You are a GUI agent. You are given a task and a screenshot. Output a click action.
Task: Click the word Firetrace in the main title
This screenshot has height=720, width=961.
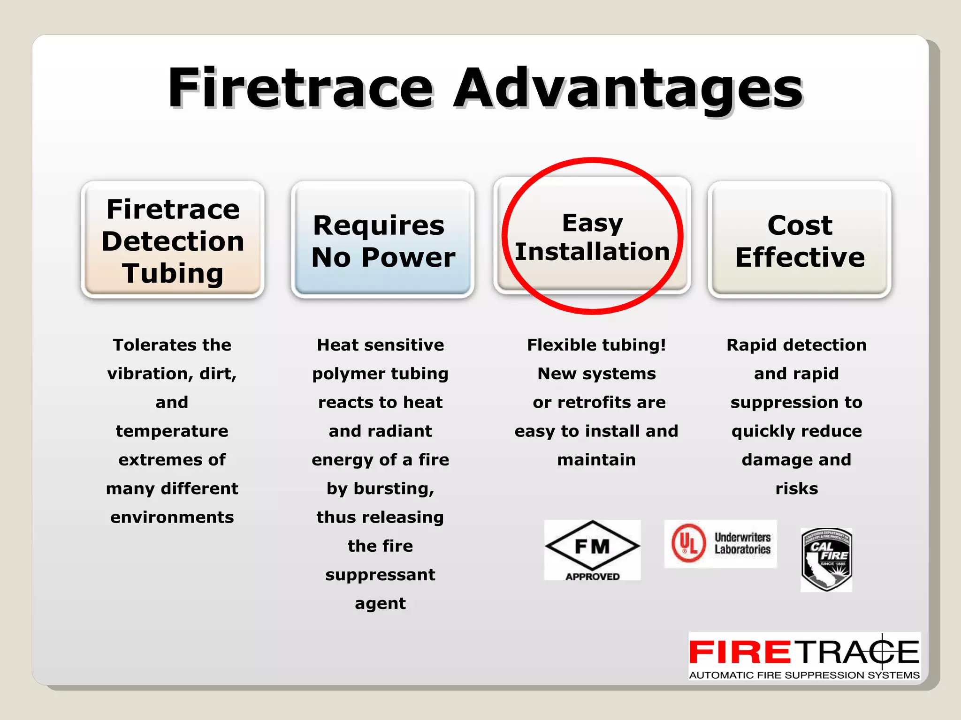300,88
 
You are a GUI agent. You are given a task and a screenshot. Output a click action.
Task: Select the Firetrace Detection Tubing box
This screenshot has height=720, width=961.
173,240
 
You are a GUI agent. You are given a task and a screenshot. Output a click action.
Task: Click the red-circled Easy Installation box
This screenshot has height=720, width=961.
592,237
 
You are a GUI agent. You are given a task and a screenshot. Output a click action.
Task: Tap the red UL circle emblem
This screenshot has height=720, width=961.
688,543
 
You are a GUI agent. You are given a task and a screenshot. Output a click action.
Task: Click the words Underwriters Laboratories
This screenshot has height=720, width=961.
742,543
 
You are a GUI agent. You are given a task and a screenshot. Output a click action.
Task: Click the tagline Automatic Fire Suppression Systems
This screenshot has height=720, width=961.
804,675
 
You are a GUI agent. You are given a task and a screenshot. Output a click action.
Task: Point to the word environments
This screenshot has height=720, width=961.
172,517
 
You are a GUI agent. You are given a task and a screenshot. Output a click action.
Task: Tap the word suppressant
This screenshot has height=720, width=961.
380,575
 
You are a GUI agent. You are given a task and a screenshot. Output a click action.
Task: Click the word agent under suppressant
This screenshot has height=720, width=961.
380,604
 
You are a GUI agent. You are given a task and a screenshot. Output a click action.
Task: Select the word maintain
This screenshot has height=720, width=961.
596,460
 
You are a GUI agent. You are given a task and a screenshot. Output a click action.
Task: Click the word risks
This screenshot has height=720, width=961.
796,488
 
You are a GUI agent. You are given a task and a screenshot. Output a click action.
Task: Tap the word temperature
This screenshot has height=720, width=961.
172,431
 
